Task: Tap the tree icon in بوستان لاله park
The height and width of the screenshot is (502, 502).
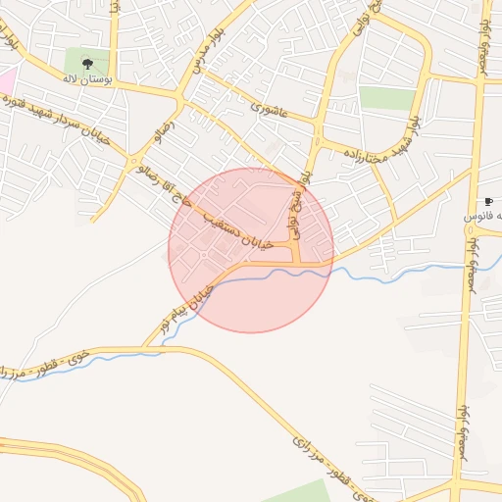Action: coord(87,63)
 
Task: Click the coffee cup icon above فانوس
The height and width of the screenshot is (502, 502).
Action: coord(488,201)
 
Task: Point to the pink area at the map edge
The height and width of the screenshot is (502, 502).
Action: coord(6,80)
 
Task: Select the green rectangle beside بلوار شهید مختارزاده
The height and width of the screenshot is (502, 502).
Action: coord(387,98)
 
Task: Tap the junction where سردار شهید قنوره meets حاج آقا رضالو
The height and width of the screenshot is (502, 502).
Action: coord(134,160)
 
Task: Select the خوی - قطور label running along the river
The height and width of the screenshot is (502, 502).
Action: coord(49,364)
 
